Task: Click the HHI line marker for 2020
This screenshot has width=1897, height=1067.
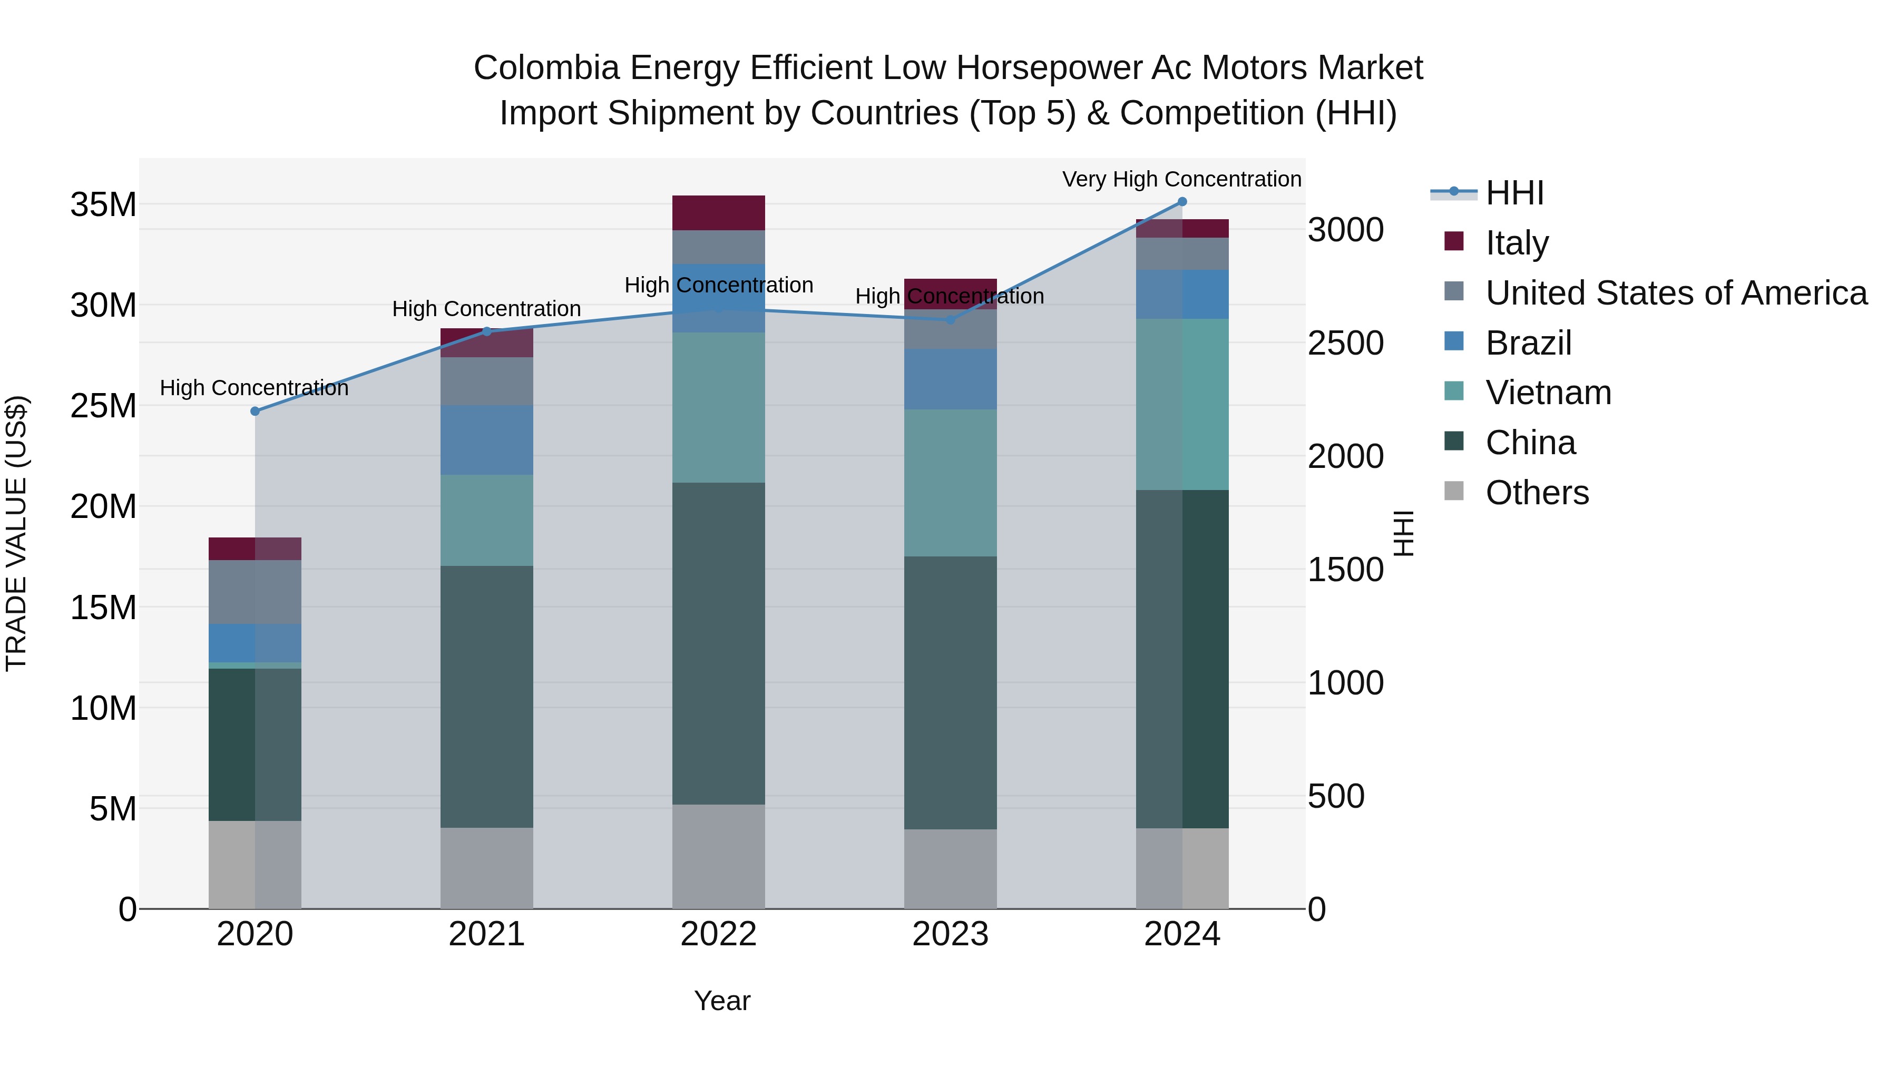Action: click(x=255, y=411)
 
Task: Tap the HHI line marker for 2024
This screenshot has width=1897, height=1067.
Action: click(x=1182, y=201)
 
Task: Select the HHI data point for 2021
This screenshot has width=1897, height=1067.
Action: click(x=487, y=331)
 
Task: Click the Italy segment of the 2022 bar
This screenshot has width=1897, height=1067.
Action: click(x=718, y=213)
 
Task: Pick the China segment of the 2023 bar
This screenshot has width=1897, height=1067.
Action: click(x=950, y=692)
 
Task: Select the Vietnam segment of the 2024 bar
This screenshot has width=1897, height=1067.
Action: click(x=1182, y=404)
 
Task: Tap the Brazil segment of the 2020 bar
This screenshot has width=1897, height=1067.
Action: click(x=255, y=643)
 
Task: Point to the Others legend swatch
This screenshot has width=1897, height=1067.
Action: click(x=1454, y=491)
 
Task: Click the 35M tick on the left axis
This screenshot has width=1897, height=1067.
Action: click(x=103, y=205)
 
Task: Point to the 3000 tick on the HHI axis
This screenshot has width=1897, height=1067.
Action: click(x=1345, y=230)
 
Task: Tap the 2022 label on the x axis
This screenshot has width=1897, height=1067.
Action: click(x=718, y=934)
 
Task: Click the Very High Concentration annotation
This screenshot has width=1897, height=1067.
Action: click(x=1181, y=179)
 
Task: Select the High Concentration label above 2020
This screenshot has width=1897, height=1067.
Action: click(x=254, y=388)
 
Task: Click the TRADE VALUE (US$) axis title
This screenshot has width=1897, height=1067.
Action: click(x=16, y=533)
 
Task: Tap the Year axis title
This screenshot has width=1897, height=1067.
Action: click(x=722, y=1001)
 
